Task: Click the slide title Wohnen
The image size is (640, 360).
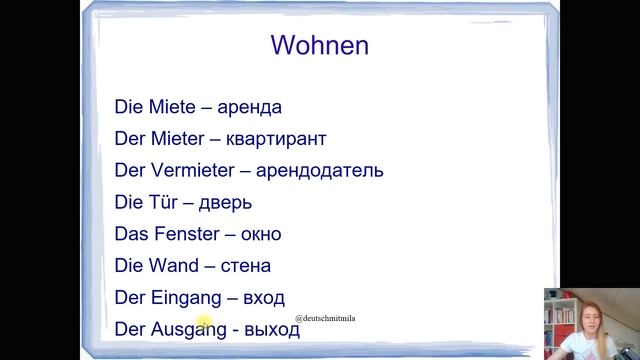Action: (320, 46)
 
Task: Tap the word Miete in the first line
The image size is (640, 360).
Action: (173, 107)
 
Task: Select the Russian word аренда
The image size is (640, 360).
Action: (250, 107)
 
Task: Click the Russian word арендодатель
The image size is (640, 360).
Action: (319, 171)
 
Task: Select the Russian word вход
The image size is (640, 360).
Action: (263, 299)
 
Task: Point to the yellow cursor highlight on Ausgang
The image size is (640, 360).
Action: (205, 322)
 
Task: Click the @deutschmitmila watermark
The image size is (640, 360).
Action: (325, 315)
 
